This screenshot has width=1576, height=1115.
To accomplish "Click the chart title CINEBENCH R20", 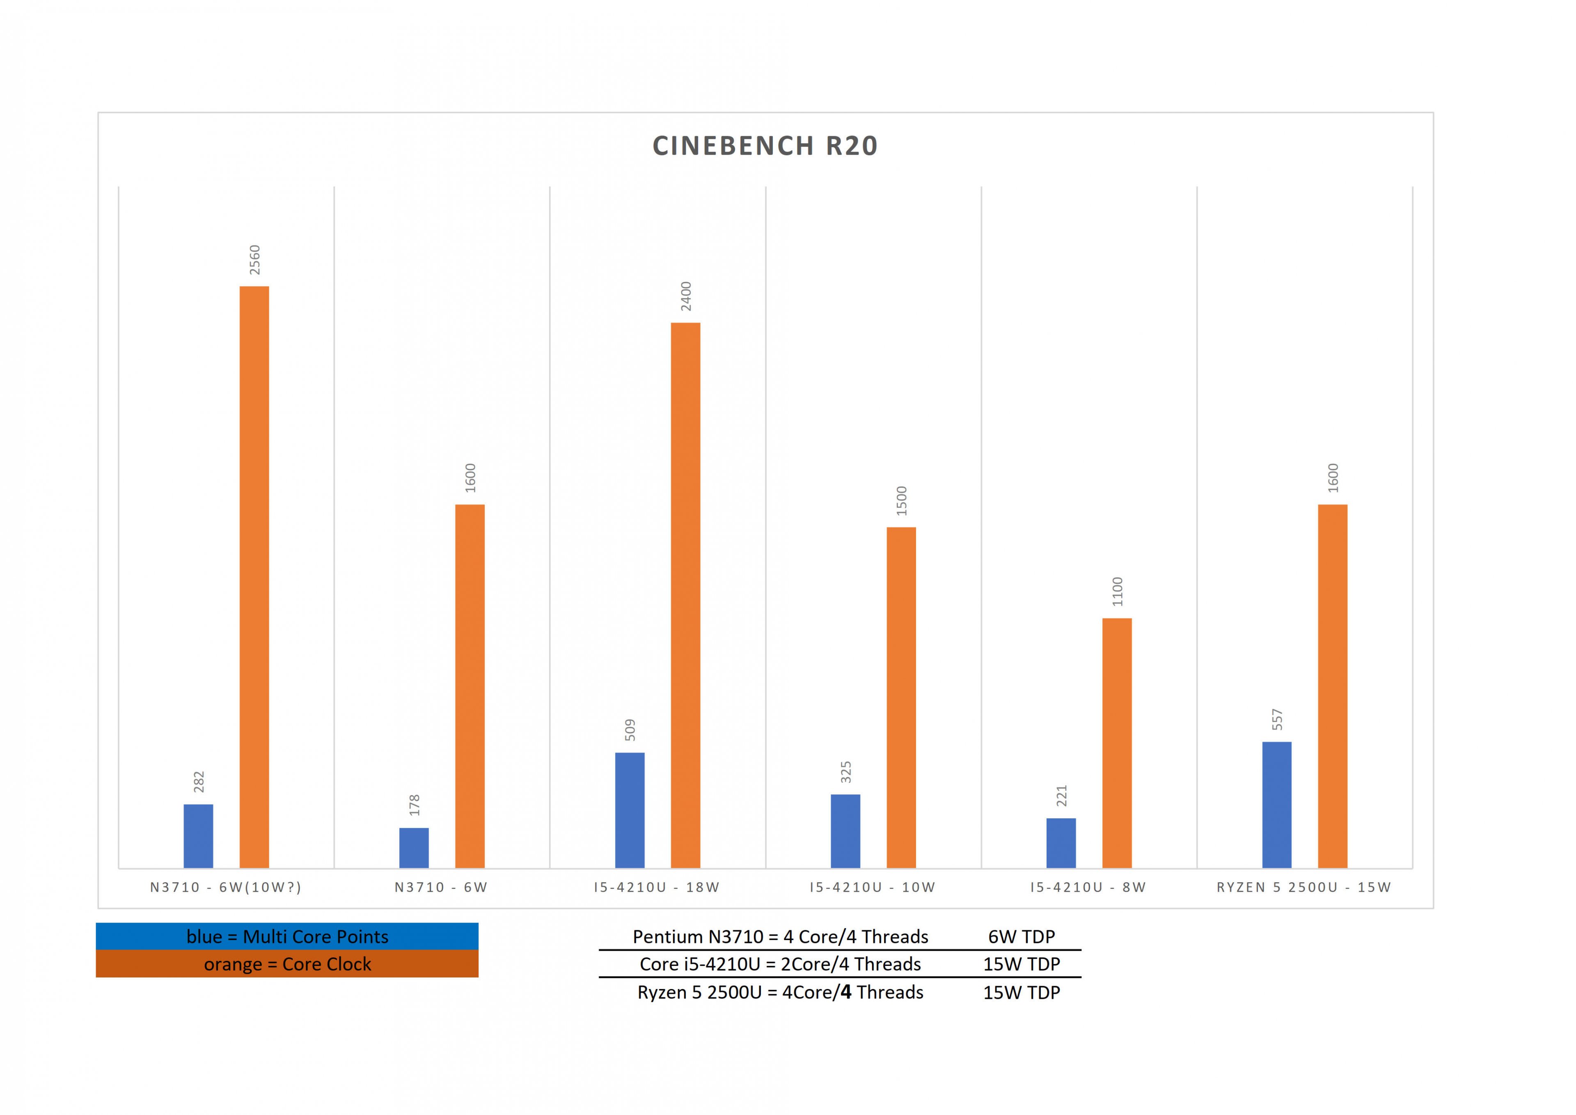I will (x=765, y=146).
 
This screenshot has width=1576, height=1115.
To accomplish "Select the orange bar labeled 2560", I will (x=254, y=577).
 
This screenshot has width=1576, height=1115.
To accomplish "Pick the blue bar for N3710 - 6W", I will (x=414, y=847).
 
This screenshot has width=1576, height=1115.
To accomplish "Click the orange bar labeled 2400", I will (x=685, y=594).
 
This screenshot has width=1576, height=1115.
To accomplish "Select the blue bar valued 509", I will (x=630, y=810).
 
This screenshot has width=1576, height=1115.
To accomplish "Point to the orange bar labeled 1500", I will (x=900, y=697).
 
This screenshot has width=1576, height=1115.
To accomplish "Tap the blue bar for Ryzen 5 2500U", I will (x=1277, y=805).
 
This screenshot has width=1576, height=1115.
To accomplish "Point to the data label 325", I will (x=845, y=772).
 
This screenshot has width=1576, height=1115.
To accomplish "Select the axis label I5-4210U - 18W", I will (x=656, y=887).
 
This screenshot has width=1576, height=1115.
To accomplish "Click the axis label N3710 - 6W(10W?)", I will (x=226, y=887).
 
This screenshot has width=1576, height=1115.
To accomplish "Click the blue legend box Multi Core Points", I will (x=287, y=936).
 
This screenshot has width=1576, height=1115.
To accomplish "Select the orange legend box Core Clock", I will (x=287, y=964).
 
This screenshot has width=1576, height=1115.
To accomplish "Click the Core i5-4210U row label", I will (x=780, y=964).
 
